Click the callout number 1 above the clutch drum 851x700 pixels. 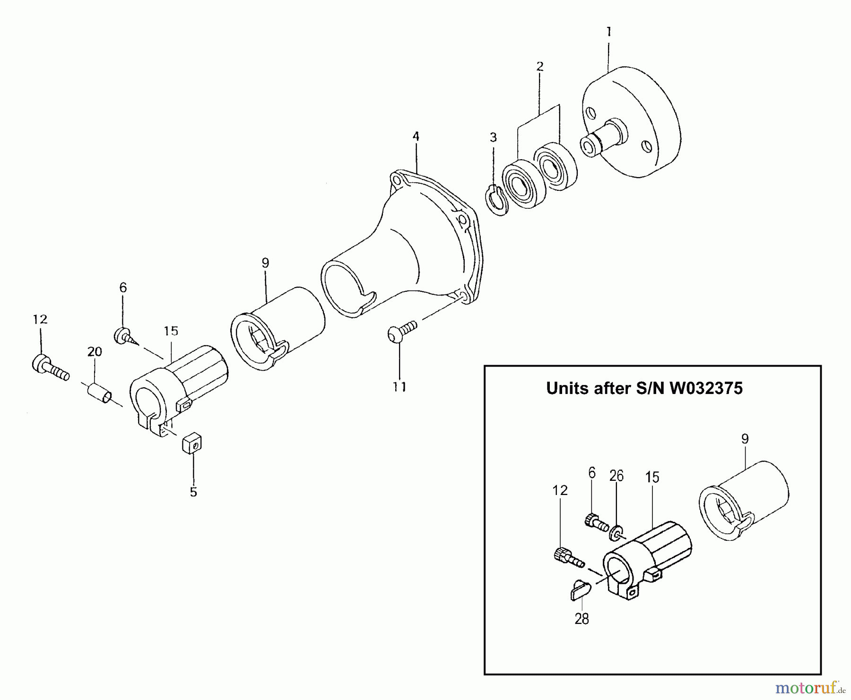[x=608, y=32]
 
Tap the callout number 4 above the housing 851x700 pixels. [x=416, y=137]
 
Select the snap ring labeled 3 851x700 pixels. [x=496, y=201]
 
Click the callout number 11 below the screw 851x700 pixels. [x=399, y=387]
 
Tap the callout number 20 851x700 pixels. [x=95, y=351]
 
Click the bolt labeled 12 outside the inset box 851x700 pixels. [x=51, y=368]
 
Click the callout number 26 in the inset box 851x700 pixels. [x=617, y=476]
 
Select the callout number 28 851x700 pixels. [x=582, y=619]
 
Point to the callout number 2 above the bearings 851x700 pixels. [x=540, y=66]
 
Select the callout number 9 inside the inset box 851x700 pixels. [x=745, y=439]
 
